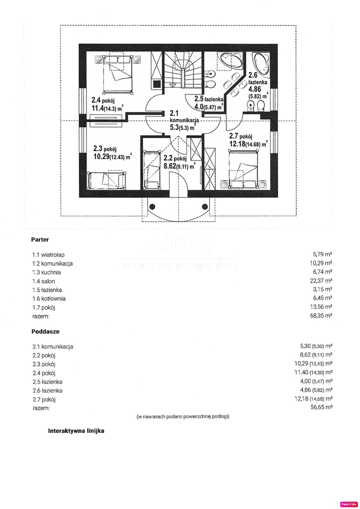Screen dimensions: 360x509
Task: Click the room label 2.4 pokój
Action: click(103, 100)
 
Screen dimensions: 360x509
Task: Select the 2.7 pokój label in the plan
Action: click(241, 136)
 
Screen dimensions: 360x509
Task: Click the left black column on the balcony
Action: click(153, 207)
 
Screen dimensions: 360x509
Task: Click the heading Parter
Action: click(40, 240)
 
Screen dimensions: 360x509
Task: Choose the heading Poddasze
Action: click(45, 332)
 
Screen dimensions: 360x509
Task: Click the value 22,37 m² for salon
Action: click(321, 280)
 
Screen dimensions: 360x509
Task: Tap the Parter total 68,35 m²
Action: click(321, 315)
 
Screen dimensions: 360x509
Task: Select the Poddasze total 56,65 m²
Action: click(321, 407)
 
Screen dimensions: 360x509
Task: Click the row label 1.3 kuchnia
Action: click(46, 272)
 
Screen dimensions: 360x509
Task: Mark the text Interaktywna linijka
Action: click(76, 431)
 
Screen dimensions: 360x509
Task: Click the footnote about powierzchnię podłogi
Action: click(183, 417)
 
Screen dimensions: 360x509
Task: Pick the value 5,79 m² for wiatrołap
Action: click(322, 254)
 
